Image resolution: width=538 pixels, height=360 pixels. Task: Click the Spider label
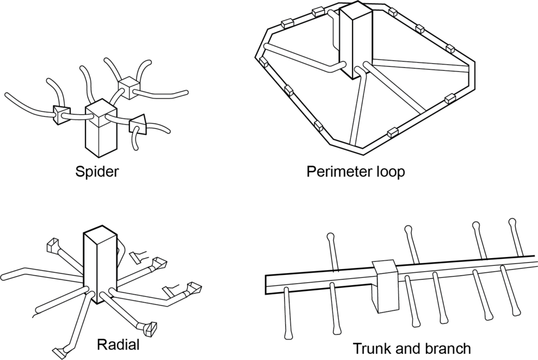(97, 172)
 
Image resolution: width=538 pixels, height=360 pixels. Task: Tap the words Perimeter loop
(356, 172)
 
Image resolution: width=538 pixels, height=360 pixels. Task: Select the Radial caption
(118, 345)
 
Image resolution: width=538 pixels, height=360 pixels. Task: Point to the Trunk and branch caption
(411, 348)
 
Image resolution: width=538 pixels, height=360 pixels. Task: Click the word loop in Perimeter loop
(389, 172)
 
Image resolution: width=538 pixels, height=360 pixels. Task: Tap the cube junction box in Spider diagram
(128, 87)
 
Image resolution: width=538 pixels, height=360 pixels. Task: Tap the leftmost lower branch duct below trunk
(287, 313)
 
